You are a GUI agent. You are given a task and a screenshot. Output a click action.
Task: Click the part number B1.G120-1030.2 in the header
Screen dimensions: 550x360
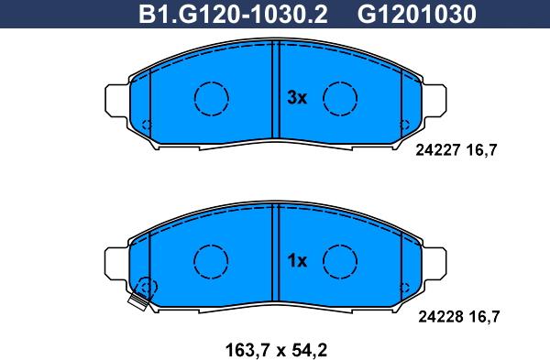pyautogui.click(x=233, y=14)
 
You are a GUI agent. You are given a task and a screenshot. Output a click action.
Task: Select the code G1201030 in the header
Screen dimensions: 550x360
pyautogui.click(x=417, y=14)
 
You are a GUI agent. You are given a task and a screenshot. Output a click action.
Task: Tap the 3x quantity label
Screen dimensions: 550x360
pyautogui.click(x=297, y=98)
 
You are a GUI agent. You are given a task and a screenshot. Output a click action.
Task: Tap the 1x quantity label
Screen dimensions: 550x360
pyautogui.click(x=297, y=261)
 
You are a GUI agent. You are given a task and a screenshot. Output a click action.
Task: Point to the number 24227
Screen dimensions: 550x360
pyautogui.click(x=438, y=150)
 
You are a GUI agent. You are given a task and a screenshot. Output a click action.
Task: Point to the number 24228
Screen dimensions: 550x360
pyautogui.click(x=440, y=317)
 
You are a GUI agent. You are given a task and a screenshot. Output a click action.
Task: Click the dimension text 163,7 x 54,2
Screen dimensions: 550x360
pyautogui.click(x=276, y=350)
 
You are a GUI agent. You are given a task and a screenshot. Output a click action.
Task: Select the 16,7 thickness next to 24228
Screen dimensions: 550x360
pyautogui.click(x=484, y=317)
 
